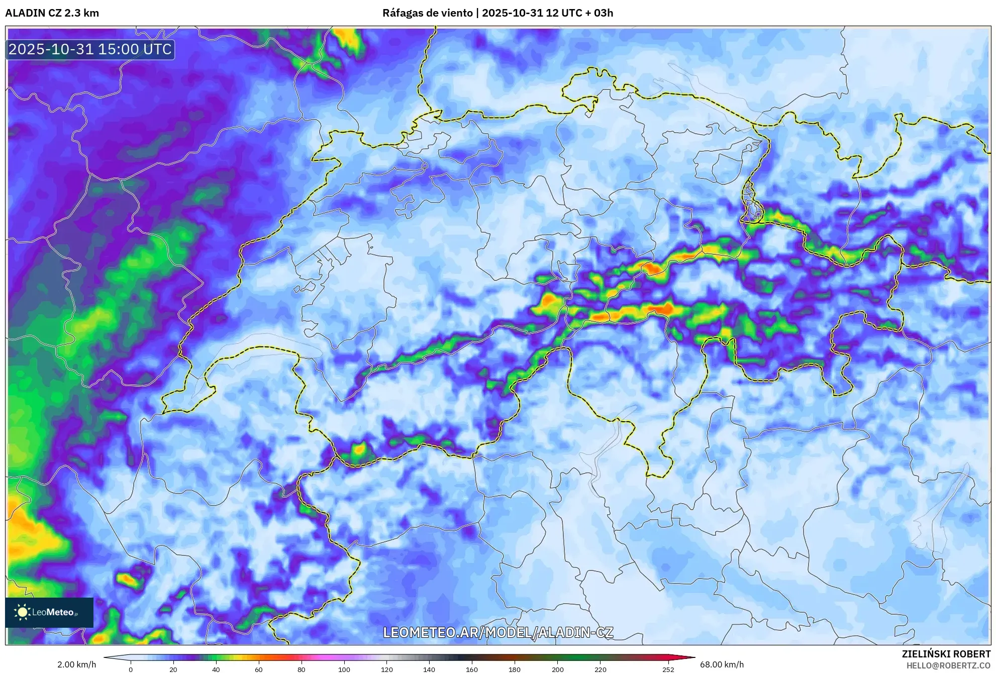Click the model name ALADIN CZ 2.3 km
click(52, 13)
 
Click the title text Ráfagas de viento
click(428, 13)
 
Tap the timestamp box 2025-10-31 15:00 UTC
click(90, 49)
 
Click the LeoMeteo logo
click(49, 612)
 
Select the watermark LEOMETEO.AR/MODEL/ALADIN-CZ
click(497, 632)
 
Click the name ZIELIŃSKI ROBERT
click(946, 654)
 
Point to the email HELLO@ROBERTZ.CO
click(948, 665)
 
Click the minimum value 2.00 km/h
click(76, 664)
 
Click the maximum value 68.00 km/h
click(722, 664)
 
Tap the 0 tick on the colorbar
click(131, 669)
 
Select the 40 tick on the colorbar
click(216, 669)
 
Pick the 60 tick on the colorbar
click(259, 669)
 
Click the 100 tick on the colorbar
click(344, 669)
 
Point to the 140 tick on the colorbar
click(429, 669)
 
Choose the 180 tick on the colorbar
click(515, 669)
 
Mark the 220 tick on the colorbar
click(600, 669)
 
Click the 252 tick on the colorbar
click(668, 669)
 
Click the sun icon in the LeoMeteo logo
click(22, 612)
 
